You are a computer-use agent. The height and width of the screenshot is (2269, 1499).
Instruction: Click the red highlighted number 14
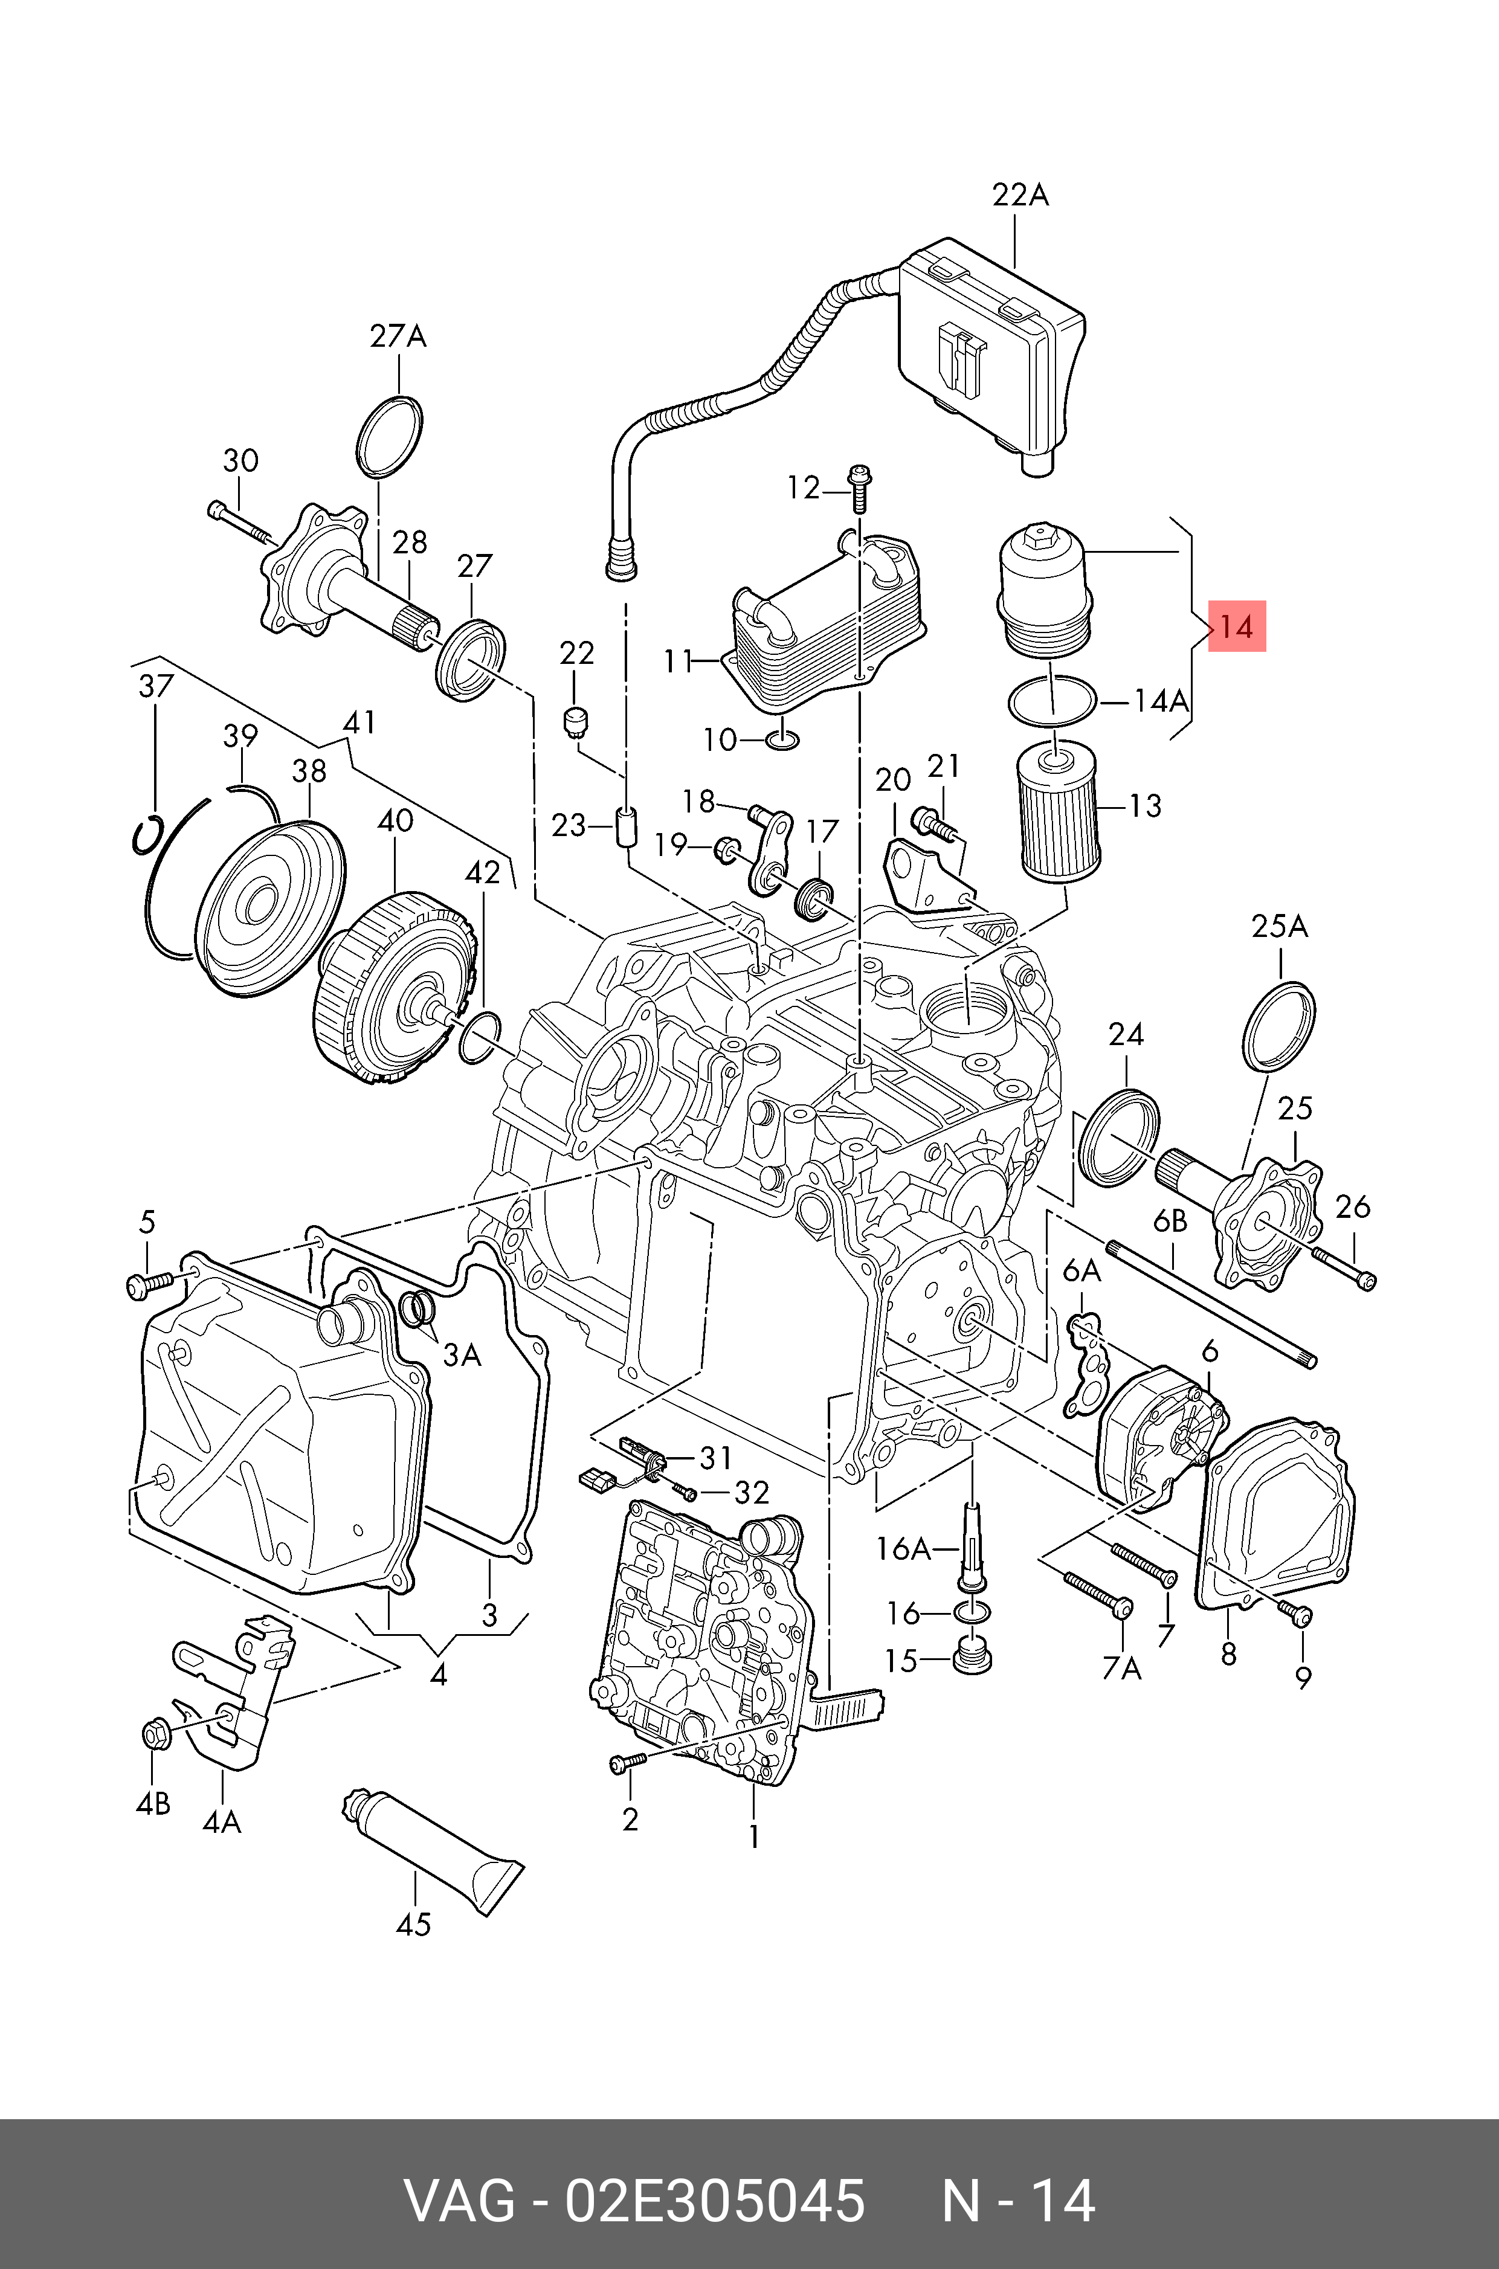click(x=1237, y=627)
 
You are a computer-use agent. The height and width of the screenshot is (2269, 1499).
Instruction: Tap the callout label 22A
click(x=1020, y=195)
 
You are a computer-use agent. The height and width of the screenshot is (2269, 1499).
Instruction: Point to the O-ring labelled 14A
click(x=1051, y=703)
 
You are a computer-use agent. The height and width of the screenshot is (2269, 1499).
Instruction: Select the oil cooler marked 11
click(x=824, y=621)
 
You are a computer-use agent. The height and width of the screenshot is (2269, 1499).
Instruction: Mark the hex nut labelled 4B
click(x=155, y=1732)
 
